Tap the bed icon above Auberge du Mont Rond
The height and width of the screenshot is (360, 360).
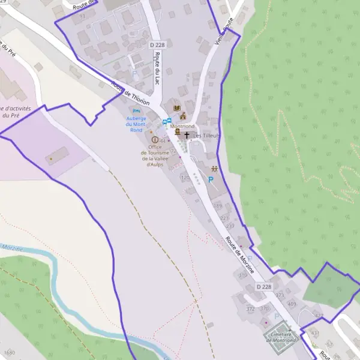click(136, 111)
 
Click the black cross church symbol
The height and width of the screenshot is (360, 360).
click(187, 136)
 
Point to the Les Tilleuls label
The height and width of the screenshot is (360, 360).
click(206, 136)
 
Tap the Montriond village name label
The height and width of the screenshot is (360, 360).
click(183, 127)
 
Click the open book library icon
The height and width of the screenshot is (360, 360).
click(176, 108)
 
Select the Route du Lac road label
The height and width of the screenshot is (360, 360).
click(157, 69)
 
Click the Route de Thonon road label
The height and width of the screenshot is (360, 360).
click(130, 93)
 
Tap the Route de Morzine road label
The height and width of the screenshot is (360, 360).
click(239, 254)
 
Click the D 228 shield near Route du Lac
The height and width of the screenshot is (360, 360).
click(157, 45)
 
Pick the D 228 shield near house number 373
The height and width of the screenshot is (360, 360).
click(264, 287)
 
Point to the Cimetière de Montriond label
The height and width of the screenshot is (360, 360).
click(281, 337)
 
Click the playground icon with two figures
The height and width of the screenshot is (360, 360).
click(214, 170)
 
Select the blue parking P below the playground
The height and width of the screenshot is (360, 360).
click(211, 179)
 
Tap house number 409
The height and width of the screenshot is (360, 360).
click(292, 304)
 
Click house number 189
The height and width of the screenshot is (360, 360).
click(217, 206)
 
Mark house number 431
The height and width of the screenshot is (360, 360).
click(315, 332)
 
